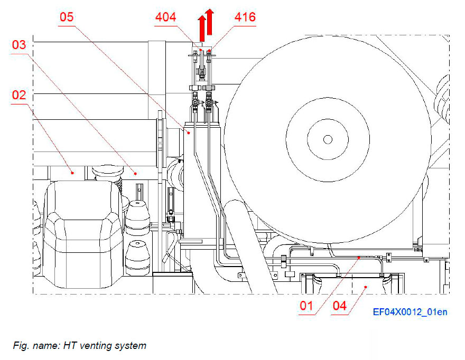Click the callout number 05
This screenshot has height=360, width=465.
click(66, 17)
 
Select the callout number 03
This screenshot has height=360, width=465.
click(20, 45)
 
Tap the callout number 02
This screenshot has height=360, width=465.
click(20, 95)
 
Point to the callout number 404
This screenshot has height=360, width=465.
click(166, 17)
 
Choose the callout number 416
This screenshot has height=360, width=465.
click(245, 17)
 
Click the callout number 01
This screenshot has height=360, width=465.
click(306, 305)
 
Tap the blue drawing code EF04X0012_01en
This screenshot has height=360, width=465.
click(410, 312)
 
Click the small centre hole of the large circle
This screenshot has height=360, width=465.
click(328, 139)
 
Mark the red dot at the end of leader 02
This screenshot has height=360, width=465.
click(73, 172)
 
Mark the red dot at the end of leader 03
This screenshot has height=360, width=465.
click(135, 173)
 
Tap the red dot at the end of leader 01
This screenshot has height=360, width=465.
click(360, 257)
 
